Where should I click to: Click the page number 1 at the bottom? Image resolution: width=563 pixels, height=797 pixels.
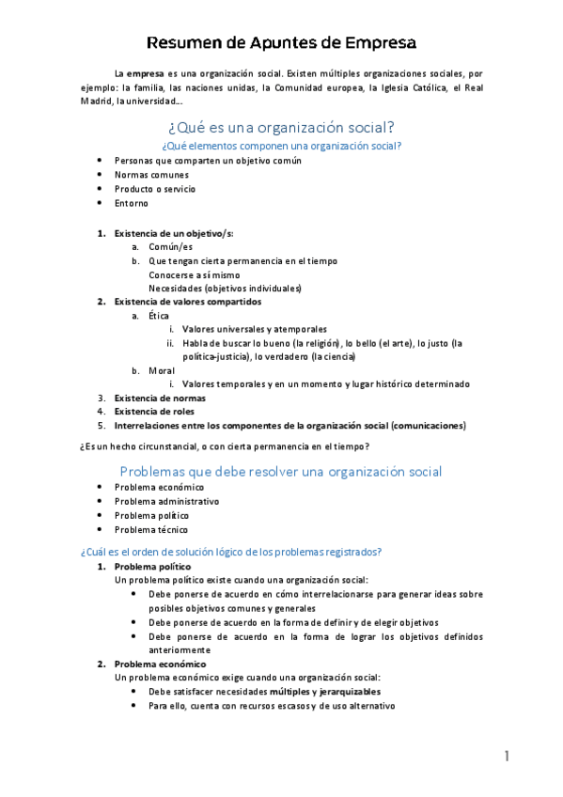pos(506,757)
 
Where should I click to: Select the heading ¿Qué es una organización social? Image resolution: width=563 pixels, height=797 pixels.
pos(281,128)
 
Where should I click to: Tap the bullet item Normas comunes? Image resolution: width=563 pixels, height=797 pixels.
pos(150,175)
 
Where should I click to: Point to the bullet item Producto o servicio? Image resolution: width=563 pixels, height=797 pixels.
pos(155,189)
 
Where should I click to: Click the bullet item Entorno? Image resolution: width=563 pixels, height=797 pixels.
pos(132,203)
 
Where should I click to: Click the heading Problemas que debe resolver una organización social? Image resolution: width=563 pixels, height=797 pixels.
pos(281,471)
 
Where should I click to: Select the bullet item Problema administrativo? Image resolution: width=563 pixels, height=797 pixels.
pos(166,502)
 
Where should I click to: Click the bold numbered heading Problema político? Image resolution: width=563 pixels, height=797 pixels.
pos(152,568)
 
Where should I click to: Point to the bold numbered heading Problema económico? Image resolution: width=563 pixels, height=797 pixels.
pos(158,664)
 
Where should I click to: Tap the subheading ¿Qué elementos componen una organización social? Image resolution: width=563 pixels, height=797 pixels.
pos(281,146)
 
